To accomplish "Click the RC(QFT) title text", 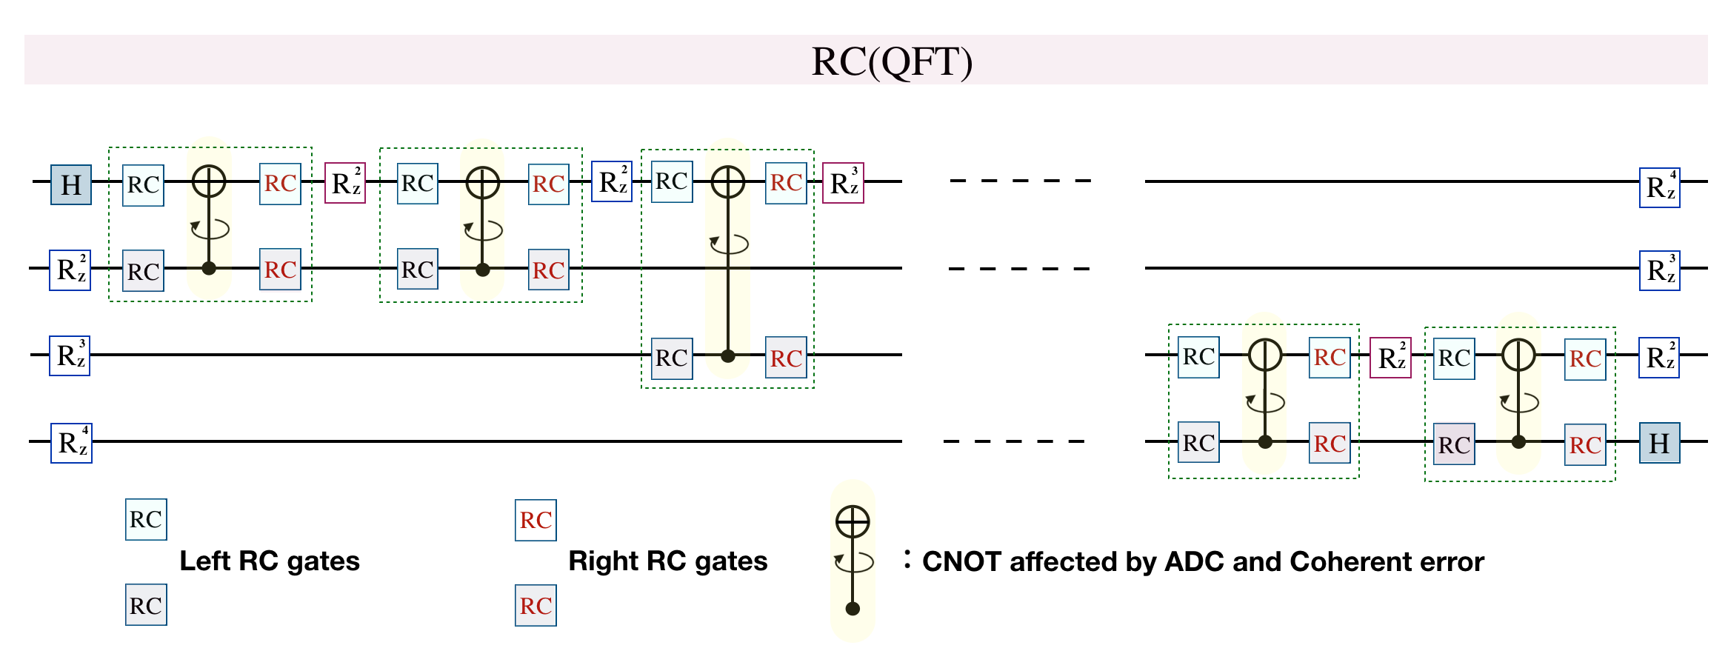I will click(x=891, y=61).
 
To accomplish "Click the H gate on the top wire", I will click(x=71, y=184).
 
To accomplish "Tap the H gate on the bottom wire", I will click(x=1659, y=443).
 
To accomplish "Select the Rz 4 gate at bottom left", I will click(x=71, y=443).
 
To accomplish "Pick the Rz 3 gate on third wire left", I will click(x=70, y=356).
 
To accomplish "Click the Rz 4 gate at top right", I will click(x=1659, y=187).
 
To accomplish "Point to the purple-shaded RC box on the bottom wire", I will click(x=1454, y=444).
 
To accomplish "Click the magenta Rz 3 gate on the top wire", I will click(x=843, y=183).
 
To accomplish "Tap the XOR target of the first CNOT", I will click(x=209, y=181).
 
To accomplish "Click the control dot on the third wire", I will click(x=728, y=356).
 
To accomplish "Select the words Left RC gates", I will click(x=270, y=561).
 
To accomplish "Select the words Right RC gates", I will click(x=667, y=561).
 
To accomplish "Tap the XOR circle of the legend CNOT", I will click(x=853, y=522).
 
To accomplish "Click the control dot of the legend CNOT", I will click(x=853, y=609).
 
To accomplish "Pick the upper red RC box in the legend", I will click(x=536, y=520).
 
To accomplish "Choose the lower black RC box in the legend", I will click(x=146, y=605).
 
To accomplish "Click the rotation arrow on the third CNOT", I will click(x=730, y=244).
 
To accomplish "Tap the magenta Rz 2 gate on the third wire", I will click(x=1390, y=358).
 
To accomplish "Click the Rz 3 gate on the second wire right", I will click(x=1659, y=270).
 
